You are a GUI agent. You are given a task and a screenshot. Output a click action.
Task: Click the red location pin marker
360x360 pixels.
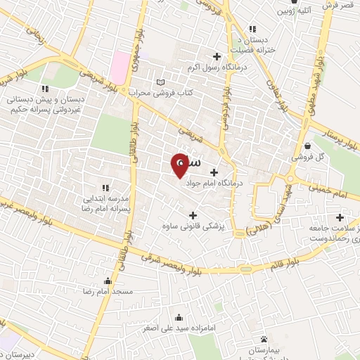pos(179,165)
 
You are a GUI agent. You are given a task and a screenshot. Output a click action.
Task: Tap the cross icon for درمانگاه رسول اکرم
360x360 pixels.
pos(217,56)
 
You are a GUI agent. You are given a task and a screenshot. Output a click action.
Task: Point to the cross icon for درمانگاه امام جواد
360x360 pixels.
pos(214,172)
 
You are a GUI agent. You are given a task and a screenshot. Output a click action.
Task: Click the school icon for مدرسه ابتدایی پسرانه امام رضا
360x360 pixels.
pos(105,188)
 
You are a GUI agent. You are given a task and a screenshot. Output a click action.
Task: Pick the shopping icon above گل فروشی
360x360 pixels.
pos(308,146)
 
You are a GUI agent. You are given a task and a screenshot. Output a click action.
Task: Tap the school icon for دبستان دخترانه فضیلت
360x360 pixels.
pos(251,29)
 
